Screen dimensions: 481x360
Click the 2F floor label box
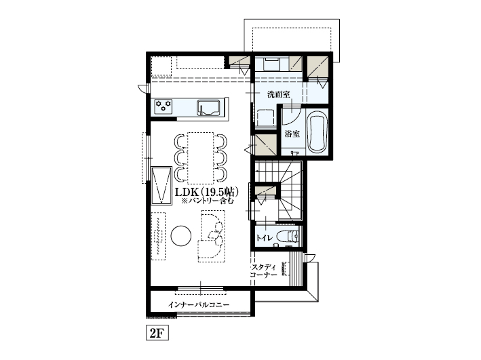pyautogui.click(x=157, y=333)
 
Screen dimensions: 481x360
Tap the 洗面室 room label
pyautogui.click(x=279, y=94)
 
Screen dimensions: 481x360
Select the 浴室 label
pyautogui.click(x=292, y=134)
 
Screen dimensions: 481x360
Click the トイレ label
pyautogui.click(x=264, y=238)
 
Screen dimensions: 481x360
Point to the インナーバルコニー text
pyautogui.click(x=199, y=305)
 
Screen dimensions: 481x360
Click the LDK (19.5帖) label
pyautogui.click(x=207, y=193)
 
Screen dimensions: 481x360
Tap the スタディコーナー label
pyautogui.click(x=264, y=271)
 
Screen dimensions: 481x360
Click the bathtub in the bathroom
pyautogui.click(x=317, y=132)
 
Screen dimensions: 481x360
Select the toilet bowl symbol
pyautogui.click(x=288, y=237)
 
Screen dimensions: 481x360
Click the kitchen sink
pyautogui.click(x=208, y=107)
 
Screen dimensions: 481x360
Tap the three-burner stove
pyautogui.click(x=163, y=106)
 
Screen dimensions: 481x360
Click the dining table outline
pyautogui.click(x=200, y=158)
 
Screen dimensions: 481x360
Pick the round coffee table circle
pyautogui.click(x=181, y=235)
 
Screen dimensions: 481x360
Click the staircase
pyautogui.click(x=279, y=190)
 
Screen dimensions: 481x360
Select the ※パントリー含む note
pyautogui.click(x=208, y=201)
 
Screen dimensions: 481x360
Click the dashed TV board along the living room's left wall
pyautogui.click(x=158, y=236)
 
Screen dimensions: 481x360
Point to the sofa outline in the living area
pyautogui.click(x=212, y=236)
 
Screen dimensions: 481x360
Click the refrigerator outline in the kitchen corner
pyautogui.click(x=161, y=66)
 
